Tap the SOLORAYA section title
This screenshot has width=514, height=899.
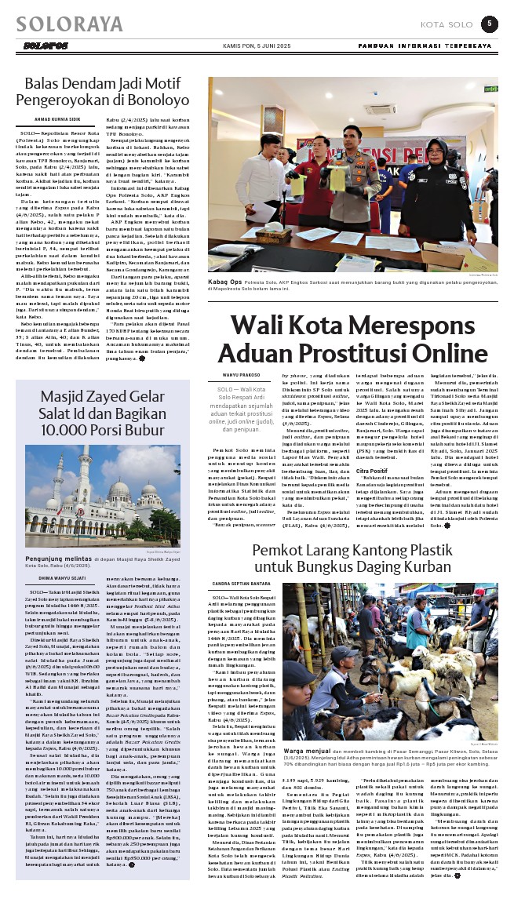pos(69,24)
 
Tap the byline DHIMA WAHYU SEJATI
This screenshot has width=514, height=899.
pos(54,579)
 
